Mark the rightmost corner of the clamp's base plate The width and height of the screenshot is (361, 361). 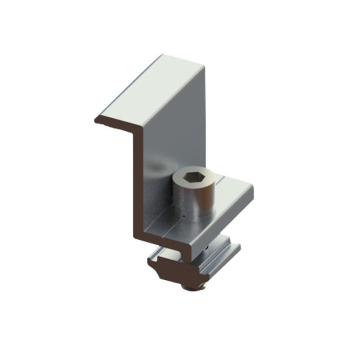click(x=252, y=188)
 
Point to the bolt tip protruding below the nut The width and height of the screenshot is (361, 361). click(x=193, y=287)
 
